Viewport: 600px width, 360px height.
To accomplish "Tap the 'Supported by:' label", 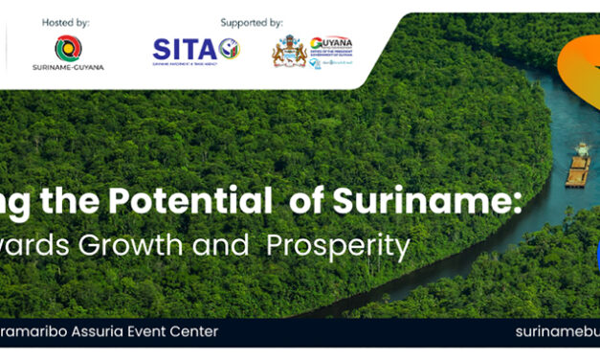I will (252, 22).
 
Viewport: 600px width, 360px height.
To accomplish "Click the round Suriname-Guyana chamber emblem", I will (68, 48).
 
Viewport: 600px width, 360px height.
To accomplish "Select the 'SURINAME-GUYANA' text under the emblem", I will (68, 68).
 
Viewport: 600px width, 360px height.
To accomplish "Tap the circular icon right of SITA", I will (229, 49).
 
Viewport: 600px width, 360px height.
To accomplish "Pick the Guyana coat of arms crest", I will (289, 52).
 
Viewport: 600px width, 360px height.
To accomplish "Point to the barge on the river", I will (578, 170).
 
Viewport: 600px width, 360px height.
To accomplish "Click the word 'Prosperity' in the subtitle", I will (338, 245).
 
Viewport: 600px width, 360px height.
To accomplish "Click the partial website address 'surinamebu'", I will (556, 331).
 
